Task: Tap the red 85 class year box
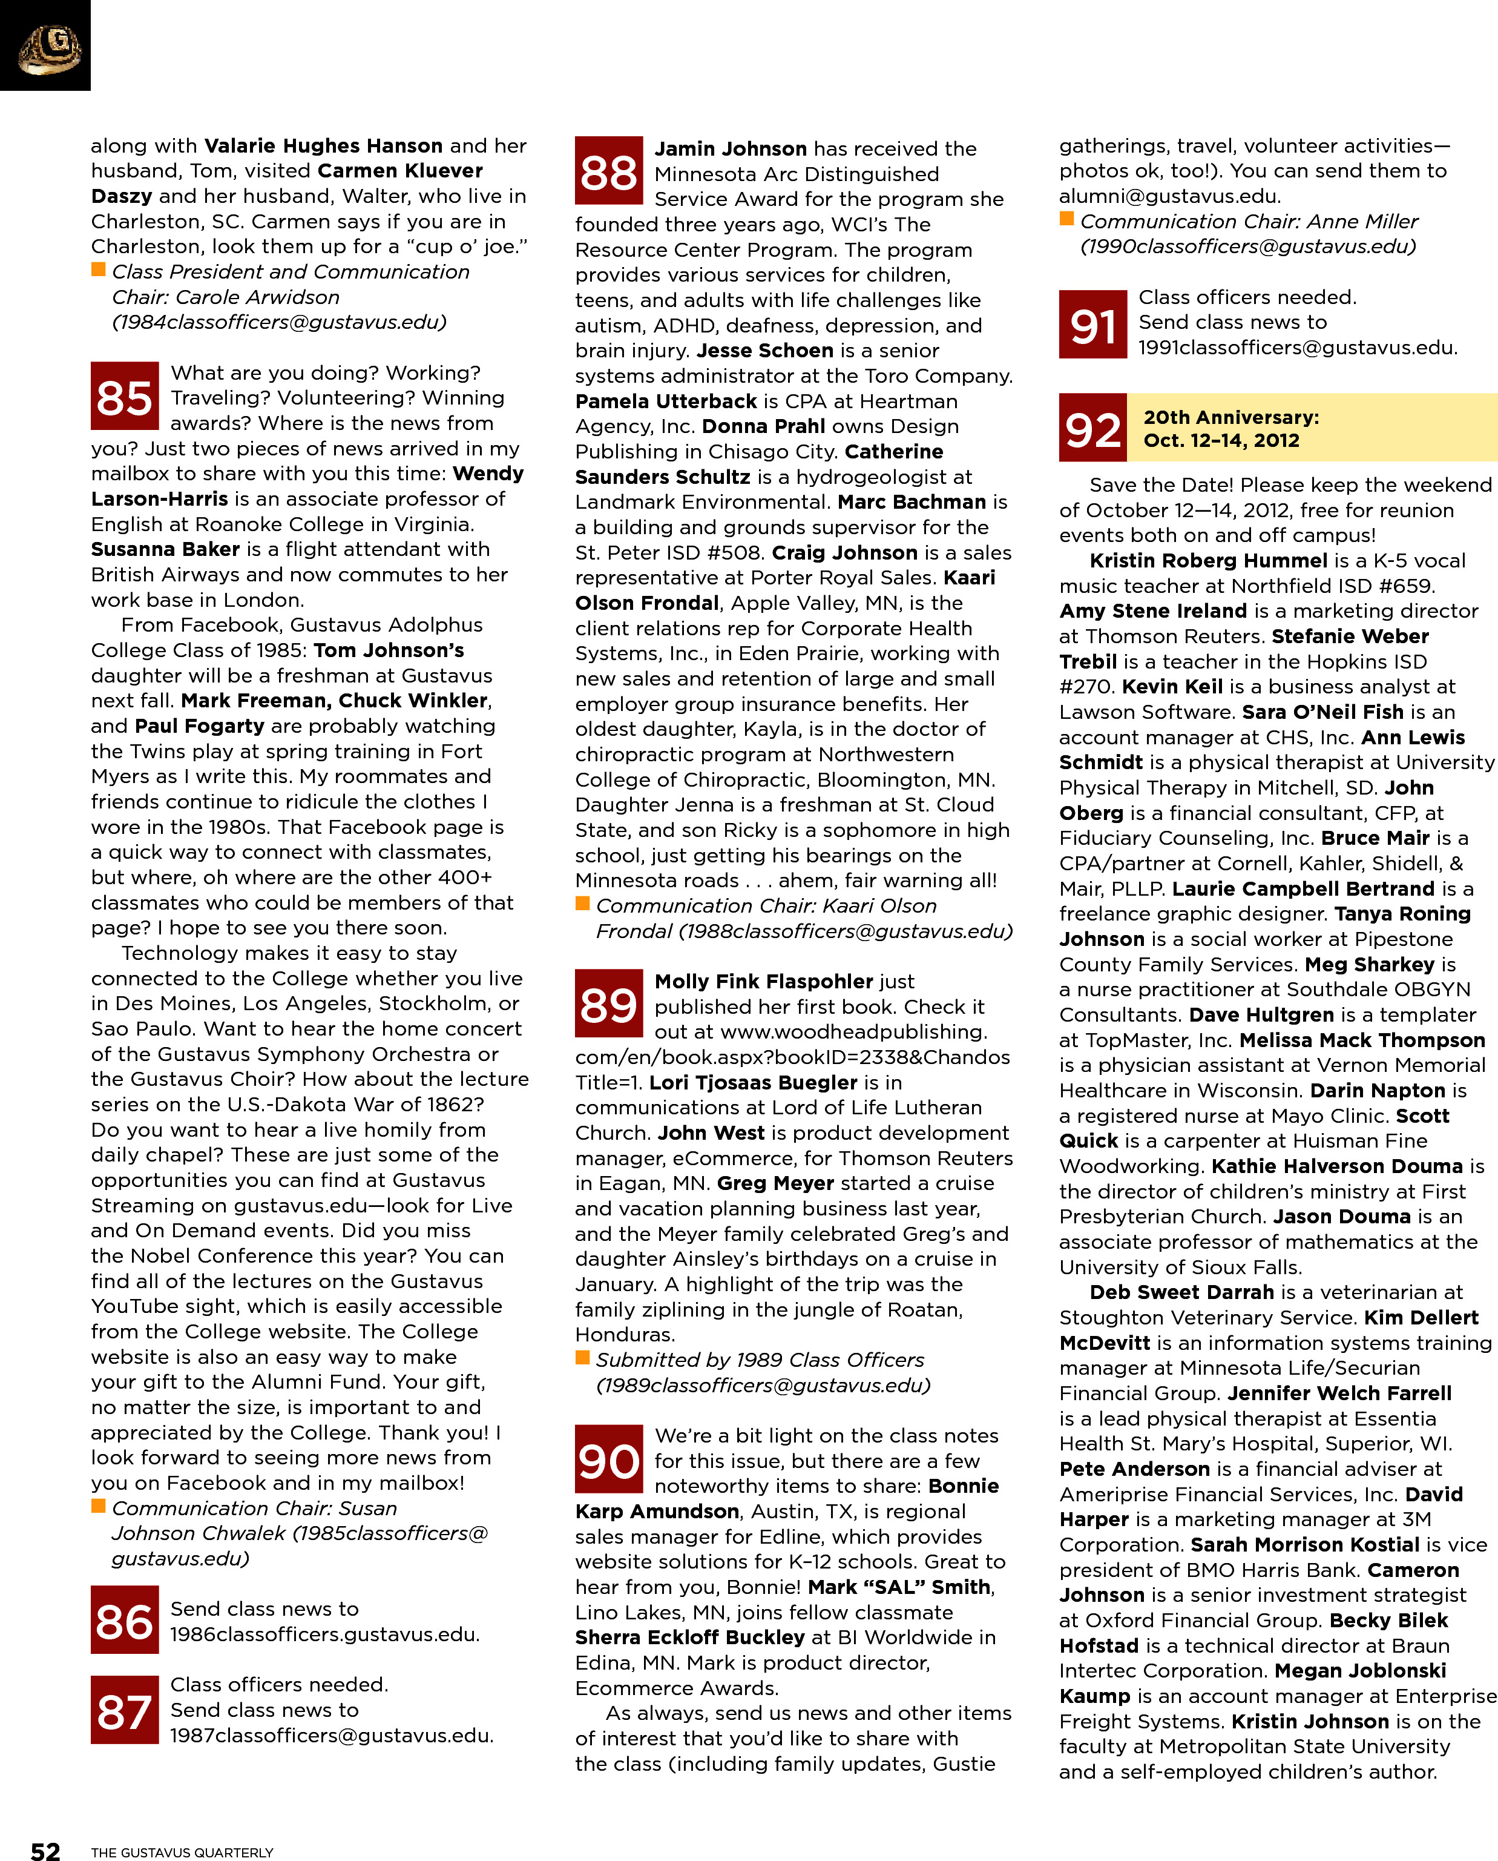pos(124,396)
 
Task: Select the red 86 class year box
pos(124,1619)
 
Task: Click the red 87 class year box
pos(124,1710)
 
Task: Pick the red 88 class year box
pos(608,171)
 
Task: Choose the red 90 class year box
pos(608,1459)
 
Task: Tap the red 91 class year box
pos(1092,325)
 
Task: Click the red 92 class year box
pos(1092,428)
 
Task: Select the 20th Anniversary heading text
pos(1230,418)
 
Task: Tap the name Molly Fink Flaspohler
pos(764,982)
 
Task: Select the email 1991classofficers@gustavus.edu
pos(1297,348)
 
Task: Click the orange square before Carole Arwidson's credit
pos(99,270)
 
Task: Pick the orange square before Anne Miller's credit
pos(1066,219)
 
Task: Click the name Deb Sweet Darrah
pos(1181,1292)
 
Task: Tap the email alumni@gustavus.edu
pos(1170,196)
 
